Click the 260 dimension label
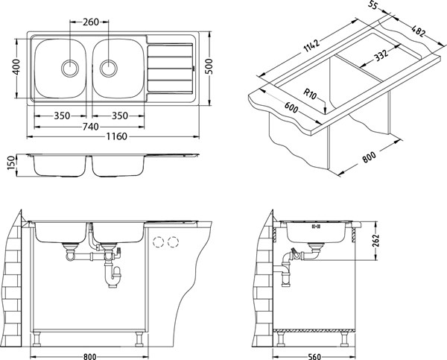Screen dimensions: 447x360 coord(91,22)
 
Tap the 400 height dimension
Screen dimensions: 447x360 coord(16,66)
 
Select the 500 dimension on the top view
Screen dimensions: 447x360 coord(209,66)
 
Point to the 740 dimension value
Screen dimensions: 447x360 coord(91,127)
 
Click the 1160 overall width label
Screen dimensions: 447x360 coord(117,136)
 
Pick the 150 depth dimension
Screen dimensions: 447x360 coord(10,163)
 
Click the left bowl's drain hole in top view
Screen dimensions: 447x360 coord(70,68)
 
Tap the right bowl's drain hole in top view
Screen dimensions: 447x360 coord(108,68)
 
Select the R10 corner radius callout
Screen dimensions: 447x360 coord(310,94)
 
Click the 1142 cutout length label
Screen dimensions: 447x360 coord(311,45)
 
